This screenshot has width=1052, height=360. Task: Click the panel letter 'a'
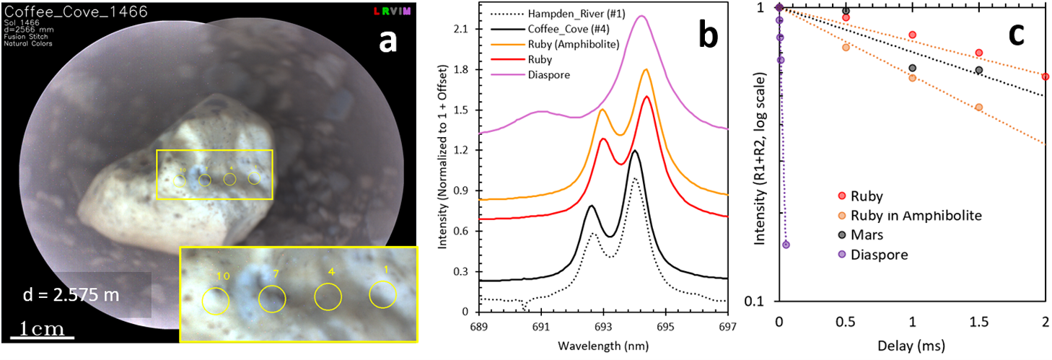point(388,43)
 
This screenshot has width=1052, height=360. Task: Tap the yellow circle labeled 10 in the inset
point(216,301)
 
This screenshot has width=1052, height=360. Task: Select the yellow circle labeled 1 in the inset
point(382,294)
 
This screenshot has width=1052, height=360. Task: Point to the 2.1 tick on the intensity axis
point(465,29)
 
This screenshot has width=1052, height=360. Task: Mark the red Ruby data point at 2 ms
point(1046,76)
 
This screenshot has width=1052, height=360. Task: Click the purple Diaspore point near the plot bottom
point(786,245)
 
